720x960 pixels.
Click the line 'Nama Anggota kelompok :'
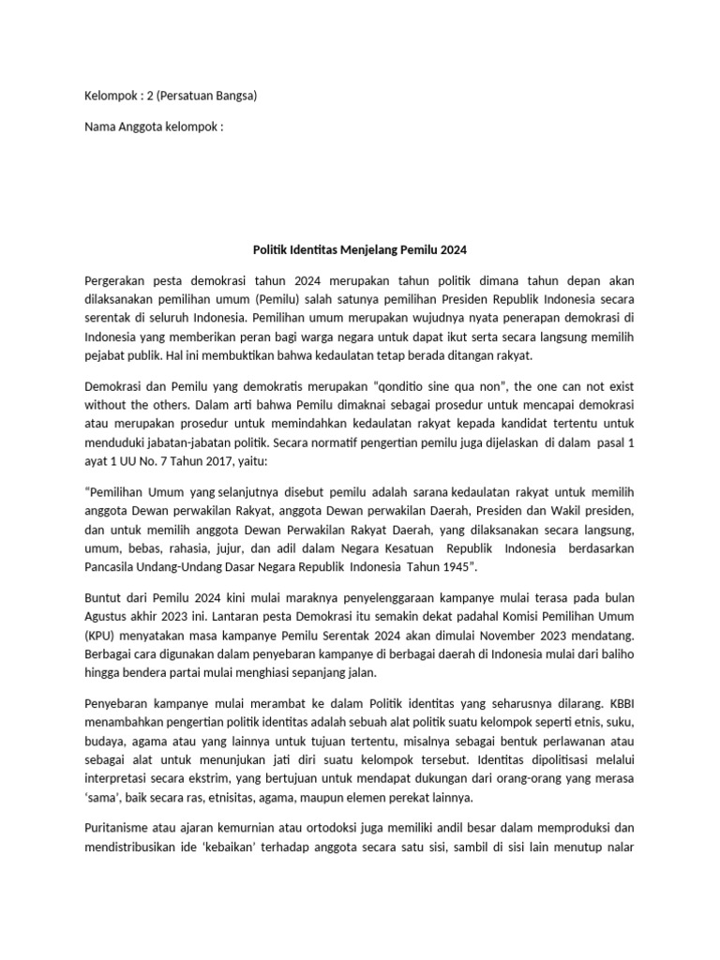[155, 126]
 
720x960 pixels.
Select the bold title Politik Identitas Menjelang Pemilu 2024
[360, 250]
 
